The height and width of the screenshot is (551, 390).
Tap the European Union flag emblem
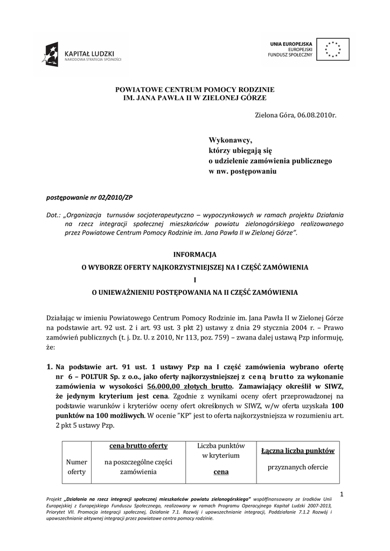point(332,48)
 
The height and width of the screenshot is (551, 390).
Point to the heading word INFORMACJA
point(194,253)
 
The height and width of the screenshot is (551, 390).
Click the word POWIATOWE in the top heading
point(139,89)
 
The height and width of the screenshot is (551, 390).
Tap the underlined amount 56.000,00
point(163,387)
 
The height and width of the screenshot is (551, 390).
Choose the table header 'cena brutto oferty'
point(138,446)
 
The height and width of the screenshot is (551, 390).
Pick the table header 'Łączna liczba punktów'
point(298,451)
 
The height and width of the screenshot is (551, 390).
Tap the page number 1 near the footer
point(343,494)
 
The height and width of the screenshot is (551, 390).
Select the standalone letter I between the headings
point(194,279)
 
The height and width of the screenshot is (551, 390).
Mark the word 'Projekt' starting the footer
point(55,500)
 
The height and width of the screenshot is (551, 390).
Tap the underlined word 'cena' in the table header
point(220,471)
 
